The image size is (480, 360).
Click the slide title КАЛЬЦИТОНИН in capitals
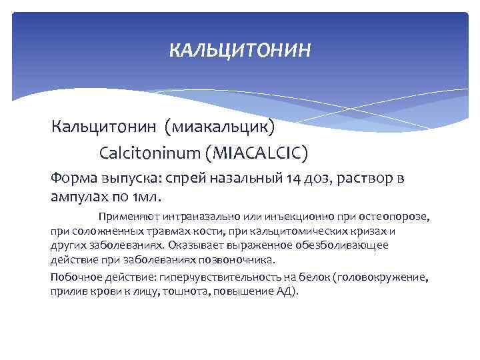click(x=239, y=50)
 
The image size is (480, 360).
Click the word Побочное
click(x=73, y=278)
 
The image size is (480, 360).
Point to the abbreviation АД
click(x=284, y=292)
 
